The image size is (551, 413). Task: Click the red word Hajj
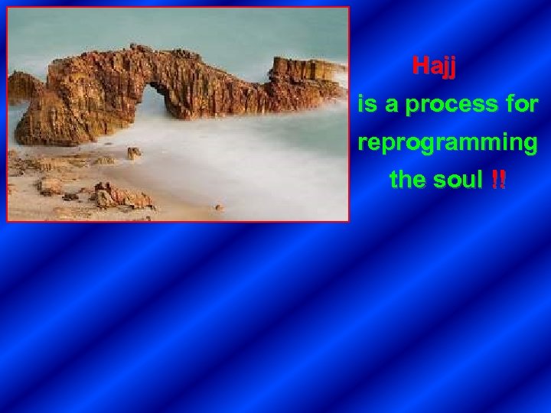pyautogui.click(x=434, y=67)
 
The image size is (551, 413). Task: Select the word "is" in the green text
pyautogui.click(x=367, y=105)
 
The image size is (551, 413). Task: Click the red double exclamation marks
pyautogui.click(x=498, y=180)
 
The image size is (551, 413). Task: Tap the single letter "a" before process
pyautogui.click(x=391, y=106)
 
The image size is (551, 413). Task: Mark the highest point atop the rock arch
pyautogui.click(x=138, y=49)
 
